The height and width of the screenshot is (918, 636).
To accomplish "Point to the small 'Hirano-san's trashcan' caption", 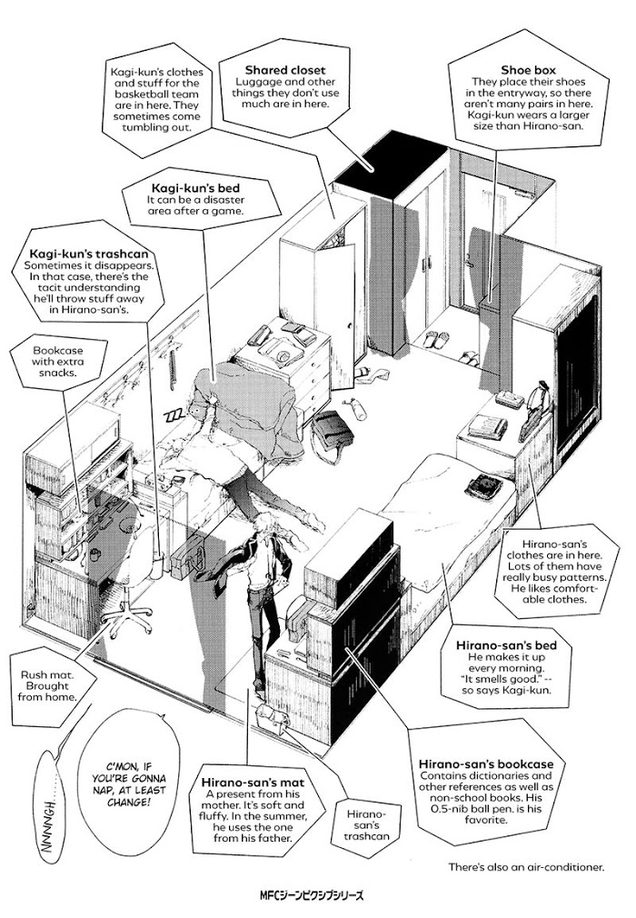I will coord(372,819).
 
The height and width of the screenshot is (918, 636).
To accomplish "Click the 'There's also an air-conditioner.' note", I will coord(525,867).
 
